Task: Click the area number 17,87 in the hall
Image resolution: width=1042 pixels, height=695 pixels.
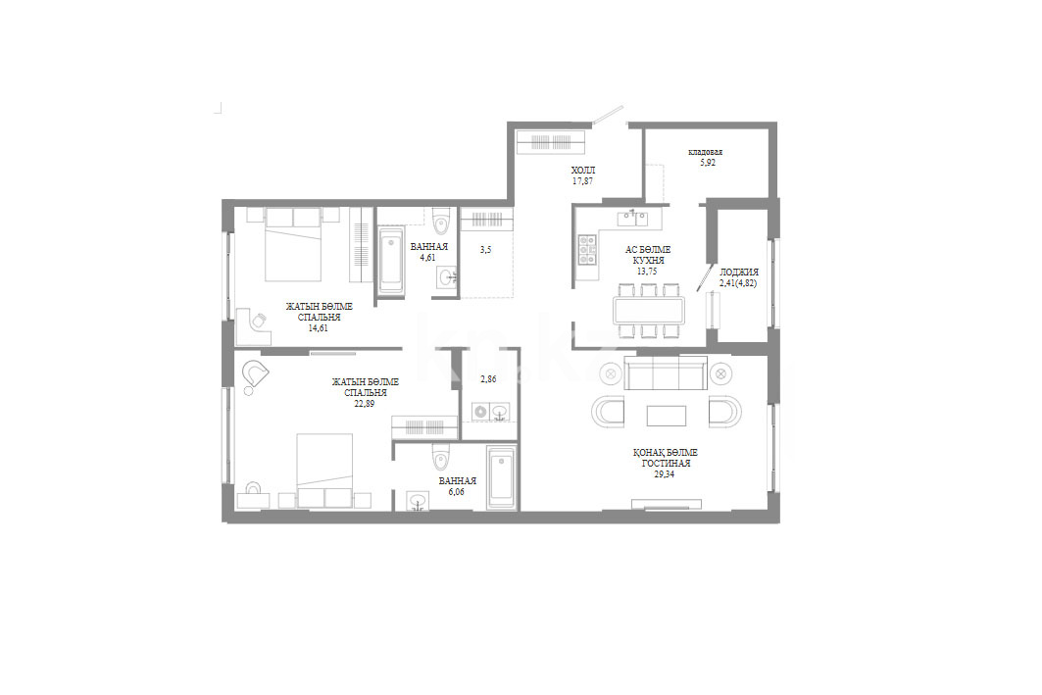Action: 582,180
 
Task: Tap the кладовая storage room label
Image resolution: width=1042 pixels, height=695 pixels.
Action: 705,152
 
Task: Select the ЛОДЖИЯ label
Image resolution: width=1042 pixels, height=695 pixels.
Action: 738,272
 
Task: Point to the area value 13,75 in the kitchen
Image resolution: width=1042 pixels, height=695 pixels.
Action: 647,272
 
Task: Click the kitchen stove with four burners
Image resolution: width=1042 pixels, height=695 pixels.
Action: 587,249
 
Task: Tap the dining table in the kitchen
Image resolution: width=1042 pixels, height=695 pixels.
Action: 650,310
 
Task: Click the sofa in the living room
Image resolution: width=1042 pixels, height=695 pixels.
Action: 666,372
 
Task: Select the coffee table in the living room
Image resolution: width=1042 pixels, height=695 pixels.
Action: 667,416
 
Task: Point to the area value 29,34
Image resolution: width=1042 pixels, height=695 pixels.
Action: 664,474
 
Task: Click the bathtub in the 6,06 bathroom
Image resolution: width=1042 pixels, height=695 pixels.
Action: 501,478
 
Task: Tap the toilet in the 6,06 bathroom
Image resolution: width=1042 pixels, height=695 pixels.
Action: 441,457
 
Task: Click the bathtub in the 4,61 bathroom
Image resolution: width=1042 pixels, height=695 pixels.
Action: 391,260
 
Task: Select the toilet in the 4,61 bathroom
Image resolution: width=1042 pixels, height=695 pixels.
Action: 441,221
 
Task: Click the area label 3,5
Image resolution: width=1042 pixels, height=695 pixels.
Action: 486,250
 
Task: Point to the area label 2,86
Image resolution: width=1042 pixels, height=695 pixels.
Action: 488,378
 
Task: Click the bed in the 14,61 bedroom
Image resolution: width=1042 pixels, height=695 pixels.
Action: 293,244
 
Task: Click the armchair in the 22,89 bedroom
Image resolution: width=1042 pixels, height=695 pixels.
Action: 255,376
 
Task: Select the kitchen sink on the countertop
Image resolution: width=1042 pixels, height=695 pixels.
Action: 632,217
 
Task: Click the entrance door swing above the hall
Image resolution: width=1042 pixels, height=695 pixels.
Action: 608,115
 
